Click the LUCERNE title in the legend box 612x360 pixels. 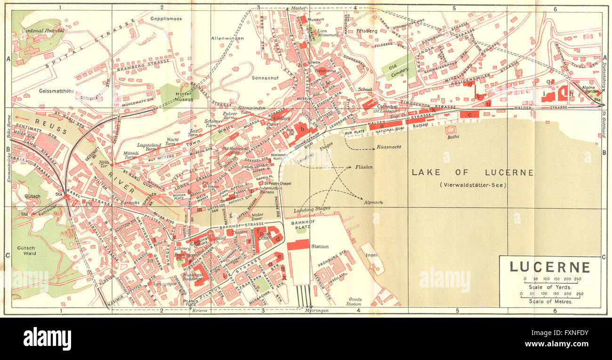pos(550,267)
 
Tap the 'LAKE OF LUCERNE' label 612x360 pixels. pos(473,173)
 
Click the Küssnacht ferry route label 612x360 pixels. pos(388,147)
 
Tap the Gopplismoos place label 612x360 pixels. pos(166,19)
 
